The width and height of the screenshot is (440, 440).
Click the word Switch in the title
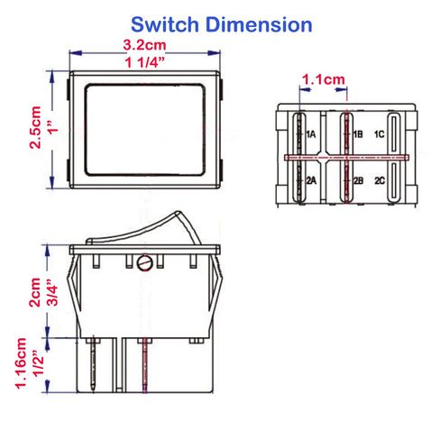[x=165, y=24]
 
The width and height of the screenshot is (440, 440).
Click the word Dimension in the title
[x=259, y=24]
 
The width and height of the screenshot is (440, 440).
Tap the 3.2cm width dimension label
[x=144, y=45]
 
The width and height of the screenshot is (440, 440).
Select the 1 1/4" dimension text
[x=145, y=62]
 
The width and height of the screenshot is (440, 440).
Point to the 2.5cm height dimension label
[x=35, y=127]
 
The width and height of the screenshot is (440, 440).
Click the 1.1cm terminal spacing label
[x=324, y=79]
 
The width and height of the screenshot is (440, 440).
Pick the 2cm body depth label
[x=34, y=292]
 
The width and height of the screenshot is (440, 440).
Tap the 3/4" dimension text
[x=52, y=292]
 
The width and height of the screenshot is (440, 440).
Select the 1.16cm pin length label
[x=21, y=363]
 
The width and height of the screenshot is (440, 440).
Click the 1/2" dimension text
[x=38, y=363]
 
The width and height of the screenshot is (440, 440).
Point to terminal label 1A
[x=311, y=134]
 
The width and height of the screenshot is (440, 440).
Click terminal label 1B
[x=358, y=134]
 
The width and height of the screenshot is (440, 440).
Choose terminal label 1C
[x=380, y=134]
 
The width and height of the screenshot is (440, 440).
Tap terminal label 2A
[x=311, y=180]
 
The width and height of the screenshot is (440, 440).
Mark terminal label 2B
[x=358, y=180]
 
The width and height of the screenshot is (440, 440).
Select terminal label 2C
[x=380, y=180]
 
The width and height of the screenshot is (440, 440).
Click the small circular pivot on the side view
[x=145, y=262]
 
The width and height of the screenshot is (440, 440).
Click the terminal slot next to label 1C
[x=394, y=133]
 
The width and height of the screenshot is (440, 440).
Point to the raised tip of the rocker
[x=178, y=213]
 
